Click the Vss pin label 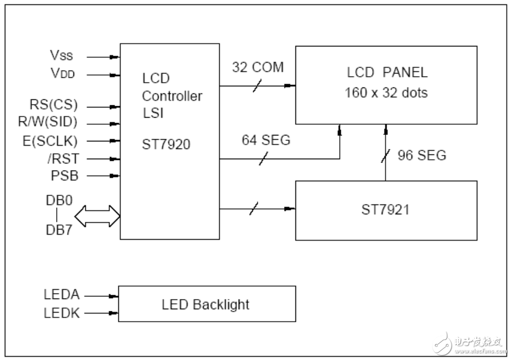[x=62, y=55]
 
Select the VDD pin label [x=63, y=73]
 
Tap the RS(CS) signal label [x=53, y=105]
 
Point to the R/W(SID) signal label [x=48, y=122]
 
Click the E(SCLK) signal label [x=50, y=141]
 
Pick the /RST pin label [x=63, y=159]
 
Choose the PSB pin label [x=65, y=176]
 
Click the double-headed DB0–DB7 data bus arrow [x=97, y=216]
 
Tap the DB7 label [x=59, y=230]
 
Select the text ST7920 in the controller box [x=166, y=144]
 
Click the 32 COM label [x=258, y=67]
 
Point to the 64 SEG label [x=266, y=140]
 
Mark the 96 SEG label [x=422, y=155]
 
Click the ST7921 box [x=386, y=210]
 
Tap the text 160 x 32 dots [x=386, y=93]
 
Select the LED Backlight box [x=207, y=304]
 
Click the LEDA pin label [x=62, y=294]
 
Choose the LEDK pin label [x=62, y=314]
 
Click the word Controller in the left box [x=172, y=96]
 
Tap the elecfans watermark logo [x=470, y=344]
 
